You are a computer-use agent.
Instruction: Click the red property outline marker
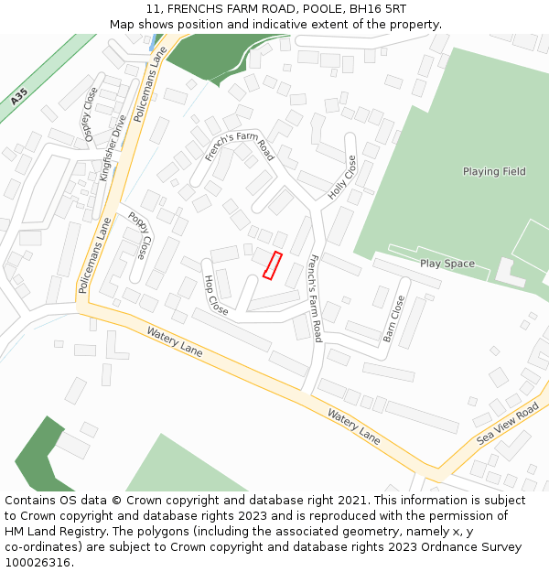tap(272, 264)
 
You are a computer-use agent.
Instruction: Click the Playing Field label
tap(494, 171)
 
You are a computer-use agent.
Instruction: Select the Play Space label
tap(447, 264)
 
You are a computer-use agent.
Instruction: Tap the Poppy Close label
tap(140, 234)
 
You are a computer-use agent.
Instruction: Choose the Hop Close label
tap(216, 295)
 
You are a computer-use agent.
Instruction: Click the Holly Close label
tap(343, 178)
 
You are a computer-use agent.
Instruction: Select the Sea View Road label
tap(508, 426)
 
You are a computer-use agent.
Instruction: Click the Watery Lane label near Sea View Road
tap(354, 426)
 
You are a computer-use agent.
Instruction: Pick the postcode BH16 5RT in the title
tap(376, 8)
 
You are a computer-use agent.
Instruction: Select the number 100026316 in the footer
tap(38, 563)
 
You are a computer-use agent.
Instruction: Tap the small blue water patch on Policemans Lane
tap(152, 43)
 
